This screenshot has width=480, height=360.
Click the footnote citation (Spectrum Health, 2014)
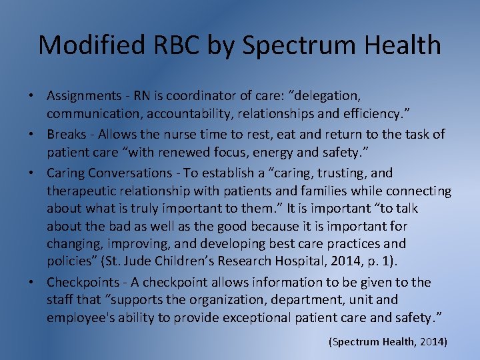click(x=387, y=342)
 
